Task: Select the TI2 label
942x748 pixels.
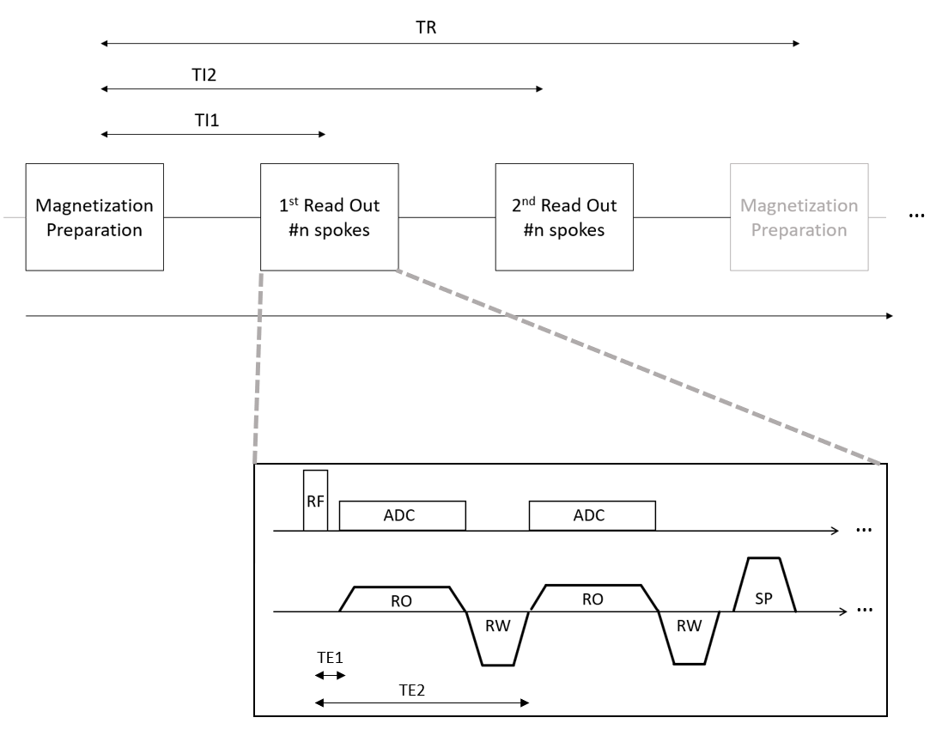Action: (204, 75)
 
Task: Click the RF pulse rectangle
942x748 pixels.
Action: (315, 501)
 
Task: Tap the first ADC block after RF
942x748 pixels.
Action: (403, 516)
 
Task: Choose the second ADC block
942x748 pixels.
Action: (592, 516)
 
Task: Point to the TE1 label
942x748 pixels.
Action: (329, 655)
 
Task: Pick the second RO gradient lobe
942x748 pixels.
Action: (593, 599)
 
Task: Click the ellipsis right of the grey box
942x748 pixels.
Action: (916, 216)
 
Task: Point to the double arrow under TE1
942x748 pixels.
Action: (330, 676)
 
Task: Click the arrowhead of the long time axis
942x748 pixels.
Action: (888, 316)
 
